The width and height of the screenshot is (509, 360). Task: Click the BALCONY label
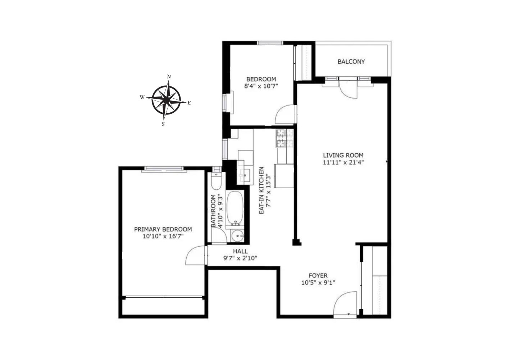(351, 62)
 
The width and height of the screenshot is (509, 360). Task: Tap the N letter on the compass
(169, 77)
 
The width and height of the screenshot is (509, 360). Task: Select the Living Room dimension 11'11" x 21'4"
(343, 162)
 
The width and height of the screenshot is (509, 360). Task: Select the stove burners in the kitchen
(285, 138)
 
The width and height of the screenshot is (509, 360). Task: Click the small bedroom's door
(285, 115)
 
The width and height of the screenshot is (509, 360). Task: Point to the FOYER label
(318, 276)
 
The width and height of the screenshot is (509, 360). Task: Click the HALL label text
(240, 251)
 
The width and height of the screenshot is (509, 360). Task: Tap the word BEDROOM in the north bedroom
(261, 79)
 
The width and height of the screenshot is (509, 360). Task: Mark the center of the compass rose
(166, 100)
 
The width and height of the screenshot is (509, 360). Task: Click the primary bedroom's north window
(164, 169)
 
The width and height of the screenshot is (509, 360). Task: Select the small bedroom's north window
(270, 43)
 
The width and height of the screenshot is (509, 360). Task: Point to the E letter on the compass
(189, 103)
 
